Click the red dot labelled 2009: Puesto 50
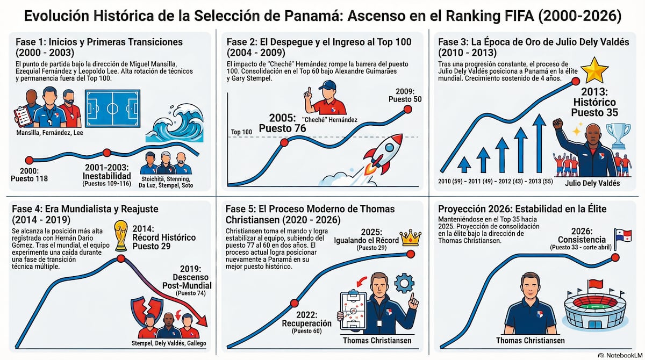click(x=407, y=109)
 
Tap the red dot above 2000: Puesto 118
click(x=29, y=160)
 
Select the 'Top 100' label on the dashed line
click(x=241, y=132)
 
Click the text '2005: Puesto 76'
click(x=282, y=123)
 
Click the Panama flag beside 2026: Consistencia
click(x=623, y=237)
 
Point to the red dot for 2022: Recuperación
click(x=293, y=303)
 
